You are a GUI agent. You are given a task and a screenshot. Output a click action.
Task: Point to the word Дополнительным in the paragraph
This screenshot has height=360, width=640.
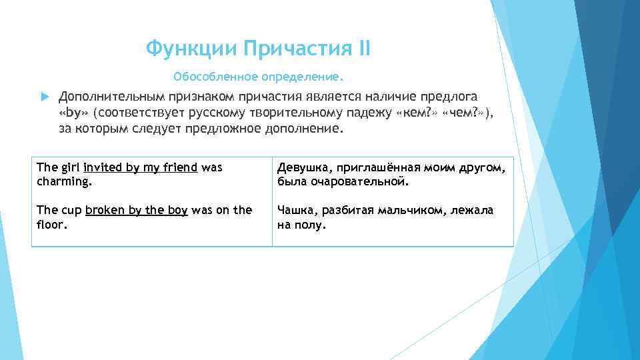[109, 97]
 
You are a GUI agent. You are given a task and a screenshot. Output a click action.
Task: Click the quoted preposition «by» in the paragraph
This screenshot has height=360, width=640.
[74, 113]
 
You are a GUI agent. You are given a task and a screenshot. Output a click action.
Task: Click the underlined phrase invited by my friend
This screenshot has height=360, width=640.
[140, 167]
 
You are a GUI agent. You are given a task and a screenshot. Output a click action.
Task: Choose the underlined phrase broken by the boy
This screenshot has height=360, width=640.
[137, 210]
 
